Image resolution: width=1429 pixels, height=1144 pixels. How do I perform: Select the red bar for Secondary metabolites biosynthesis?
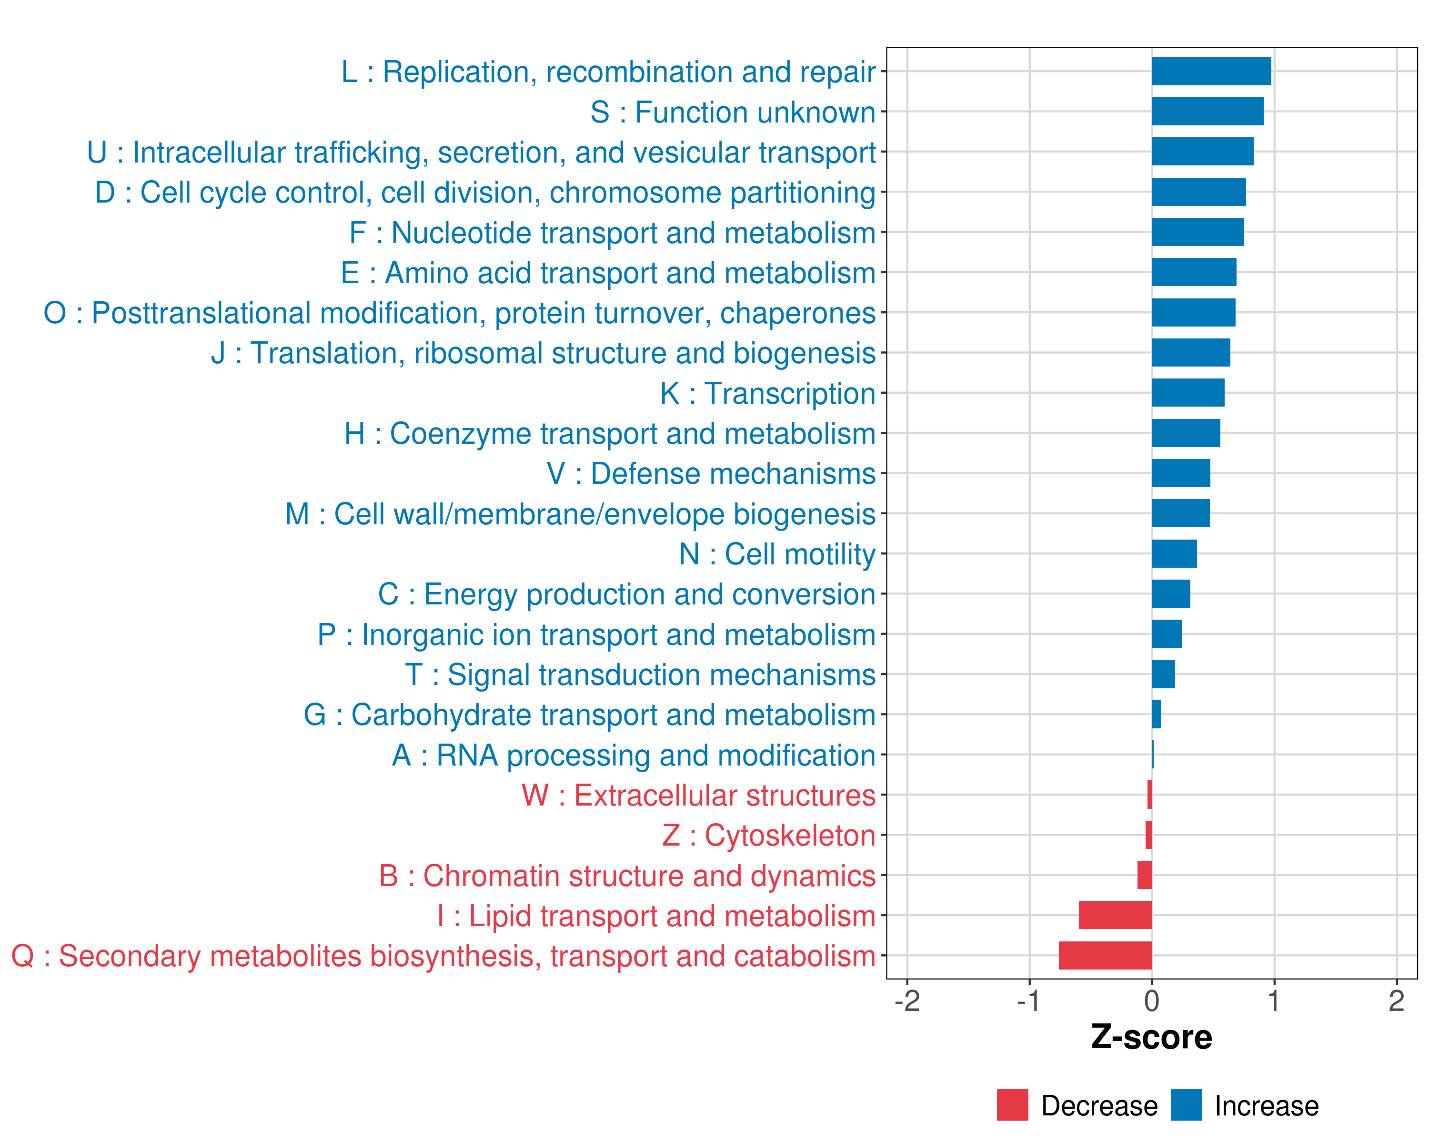click(1105, 956)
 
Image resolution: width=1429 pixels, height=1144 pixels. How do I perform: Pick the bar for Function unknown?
click(1207, 112)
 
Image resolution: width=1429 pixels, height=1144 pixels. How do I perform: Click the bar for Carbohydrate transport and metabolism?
click(1156, 714)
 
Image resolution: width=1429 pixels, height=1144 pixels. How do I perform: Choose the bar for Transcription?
click(1188, 393)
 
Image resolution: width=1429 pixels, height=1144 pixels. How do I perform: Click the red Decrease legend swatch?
click(1012, 1105)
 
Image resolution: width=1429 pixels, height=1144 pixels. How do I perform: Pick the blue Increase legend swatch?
click(1186, 1105)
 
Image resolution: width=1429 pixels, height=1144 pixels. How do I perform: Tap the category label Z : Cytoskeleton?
click(769, 836)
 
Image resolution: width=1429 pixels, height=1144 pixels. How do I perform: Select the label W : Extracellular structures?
click(699, 795)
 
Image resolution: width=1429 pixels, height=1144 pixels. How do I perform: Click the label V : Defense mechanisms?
click(711, 473)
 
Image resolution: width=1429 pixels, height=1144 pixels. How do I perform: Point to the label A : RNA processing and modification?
click(634, 756)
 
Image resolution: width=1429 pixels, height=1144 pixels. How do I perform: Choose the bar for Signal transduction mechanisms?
click(1163, 674)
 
